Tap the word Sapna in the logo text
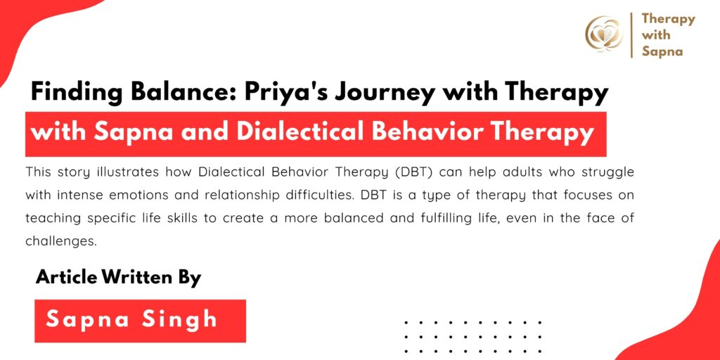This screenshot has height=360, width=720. coord(662,51)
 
